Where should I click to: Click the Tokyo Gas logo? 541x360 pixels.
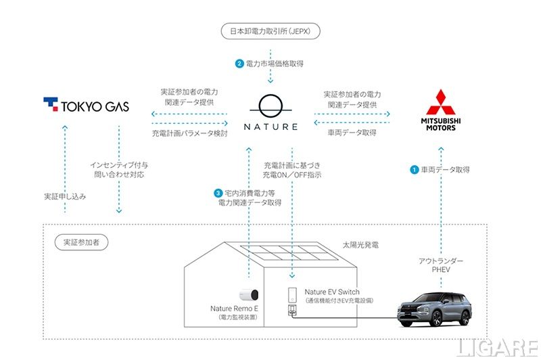point(86,106)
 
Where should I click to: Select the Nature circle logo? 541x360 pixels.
point(270,106)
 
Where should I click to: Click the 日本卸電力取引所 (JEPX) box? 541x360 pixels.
point(270,31)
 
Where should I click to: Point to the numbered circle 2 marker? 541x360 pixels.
point(239,64)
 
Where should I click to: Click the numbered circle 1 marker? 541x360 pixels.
point(415,170)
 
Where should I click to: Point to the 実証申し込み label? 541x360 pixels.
point(65,196)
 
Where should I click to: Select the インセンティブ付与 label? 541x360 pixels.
point(119,164)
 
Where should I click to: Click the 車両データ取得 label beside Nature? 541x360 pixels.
point(352,133)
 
